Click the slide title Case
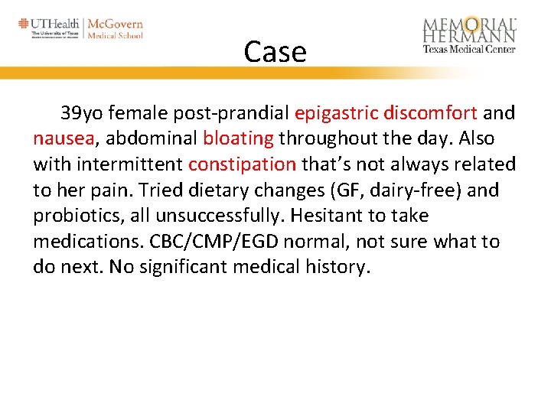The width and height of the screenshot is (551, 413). pos(275,52)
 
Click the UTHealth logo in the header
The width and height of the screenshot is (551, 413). pos(49,28)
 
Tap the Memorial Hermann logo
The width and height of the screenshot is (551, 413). pos(469,34)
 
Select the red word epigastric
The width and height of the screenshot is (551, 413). pos(336,113)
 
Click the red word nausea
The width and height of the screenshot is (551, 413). pos(64,138)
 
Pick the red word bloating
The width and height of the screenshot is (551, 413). pos(238,138)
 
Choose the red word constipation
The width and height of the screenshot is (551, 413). pos(242,164)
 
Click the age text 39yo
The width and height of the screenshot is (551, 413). pos(80,113)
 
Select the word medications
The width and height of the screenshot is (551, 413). pos(82,242)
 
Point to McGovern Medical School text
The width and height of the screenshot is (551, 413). pos(116,28)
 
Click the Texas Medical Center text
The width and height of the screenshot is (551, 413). pos(469,50)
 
